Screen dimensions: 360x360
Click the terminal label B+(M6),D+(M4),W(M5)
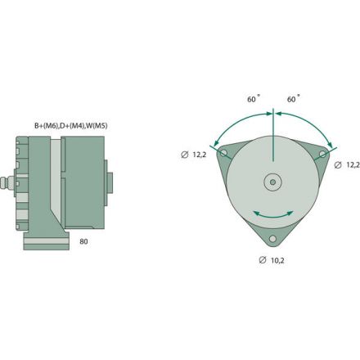coord(70,125)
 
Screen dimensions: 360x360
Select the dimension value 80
coord(83,242)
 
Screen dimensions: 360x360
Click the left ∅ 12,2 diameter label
coord(194,155)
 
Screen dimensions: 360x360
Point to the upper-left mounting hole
coord(223,153)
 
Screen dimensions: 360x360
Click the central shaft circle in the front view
coord(272,182)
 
